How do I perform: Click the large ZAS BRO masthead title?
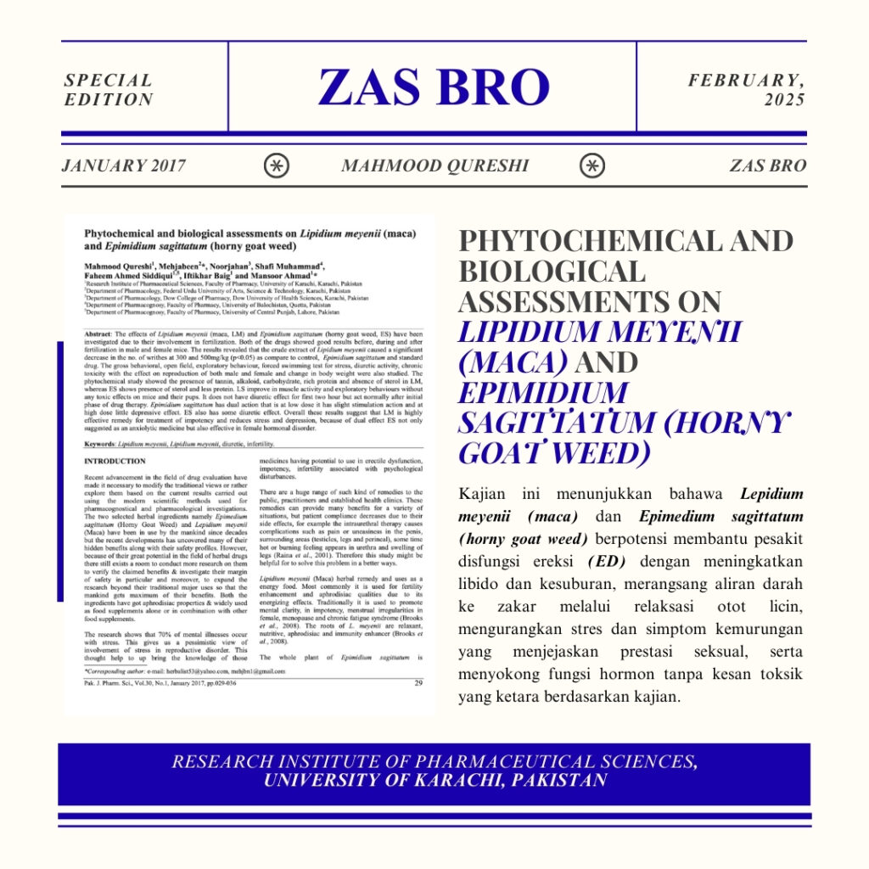[434, 87]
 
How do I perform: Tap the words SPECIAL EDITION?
[109, 90]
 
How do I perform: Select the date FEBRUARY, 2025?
[747, 90]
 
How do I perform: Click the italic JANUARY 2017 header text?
[123, 165]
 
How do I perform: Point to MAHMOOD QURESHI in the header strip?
[434, 165]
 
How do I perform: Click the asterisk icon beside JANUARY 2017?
[276, 165]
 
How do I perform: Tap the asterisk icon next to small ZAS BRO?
[592, 165]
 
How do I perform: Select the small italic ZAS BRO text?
[767, 165]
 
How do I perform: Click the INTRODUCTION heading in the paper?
[115, 462]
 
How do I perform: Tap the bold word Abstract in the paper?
[99, 335]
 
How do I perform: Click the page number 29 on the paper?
[418, 683]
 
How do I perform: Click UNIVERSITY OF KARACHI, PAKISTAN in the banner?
[434, 781]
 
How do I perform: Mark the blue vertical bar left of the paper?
[60, 471]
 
